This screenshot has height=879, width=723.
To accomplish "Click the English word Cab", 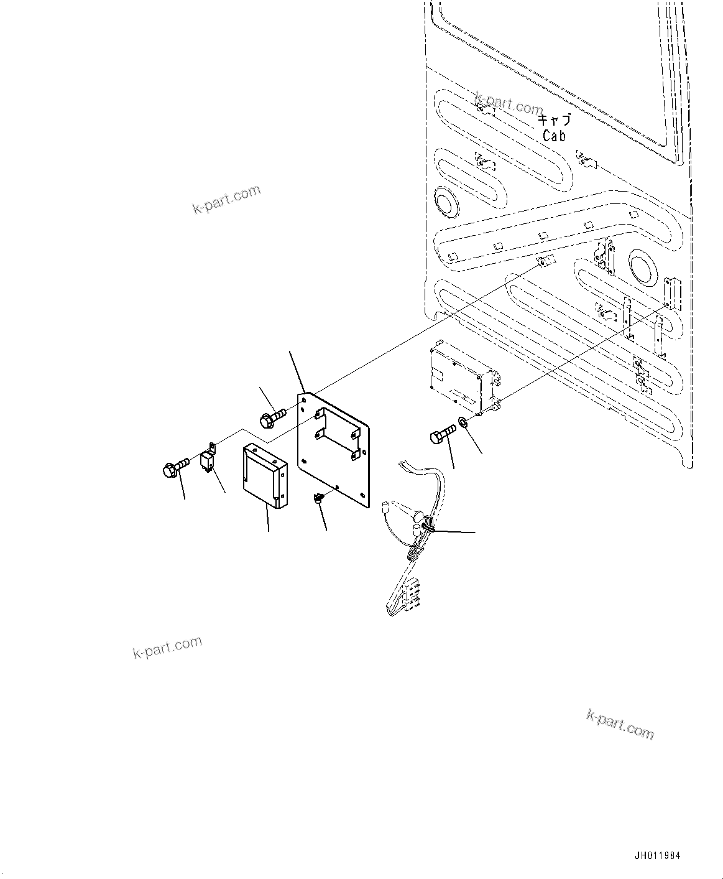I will click(554, 136).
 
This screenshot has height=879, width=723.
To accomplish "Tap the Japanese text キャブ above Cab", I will click(553, 119).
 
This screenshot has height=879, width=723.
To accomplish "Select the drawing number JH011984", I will click(658, 856).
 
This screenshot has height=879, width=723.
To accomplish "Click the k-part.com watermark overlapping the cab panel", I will click(508, 103).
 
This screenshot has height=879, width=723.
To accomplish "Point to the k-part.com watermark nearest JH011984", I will click(620, 725).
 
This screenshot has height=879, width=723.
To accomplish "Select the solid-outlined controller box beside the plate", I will click(265, 474).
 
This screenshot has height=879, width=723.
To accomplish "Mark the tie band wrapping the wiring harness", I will click(427, 528).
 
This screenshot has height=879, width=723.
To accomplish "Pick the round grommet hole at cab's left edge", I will click(446, 203).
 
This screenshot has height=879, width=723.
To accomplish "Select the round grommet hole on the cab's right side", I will click(642, 264).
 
